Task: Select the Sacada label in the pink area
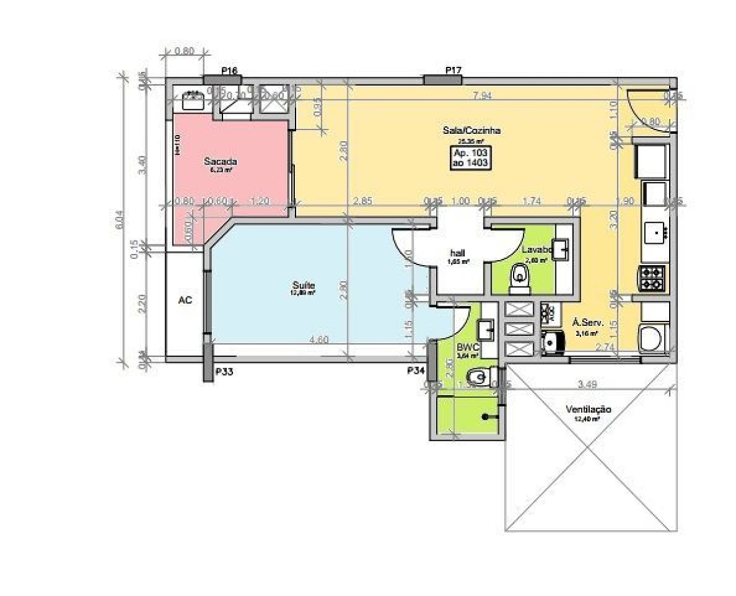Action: pos(217,161)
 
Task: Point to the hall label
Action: pos(457,253)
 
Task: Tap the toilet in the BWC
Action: pos(478,375)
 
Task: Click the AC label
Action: pos(185,300)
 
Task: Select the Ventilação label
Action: pos(588,410)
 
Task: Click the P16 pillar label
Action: pos(229,71)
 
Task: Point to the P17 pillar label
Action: pos(453,70)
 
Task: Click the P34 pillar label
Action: pos(415,371)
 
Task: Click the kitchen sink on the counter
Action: pos(657,233)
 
